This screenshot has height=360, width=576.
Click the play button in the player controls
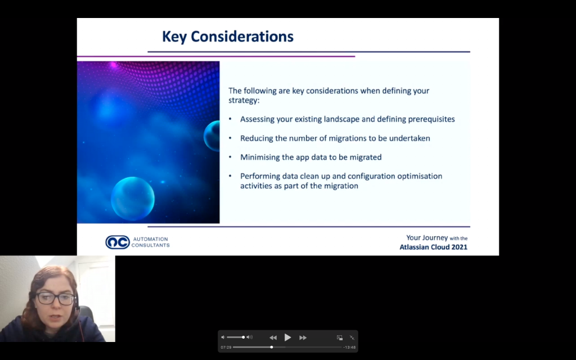[x=287, y=337]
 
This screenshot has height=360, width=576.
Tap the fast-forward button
[x=303, y=337]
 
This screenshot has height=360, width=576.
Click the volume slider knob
[x=243, y=337]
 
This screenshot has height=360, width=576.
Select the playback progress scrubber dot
[x=272, y=347]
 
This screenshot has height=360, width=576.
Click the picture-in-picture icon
[x=340, y=337]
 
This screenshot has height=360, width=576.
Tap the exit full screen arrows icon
[x=352, y=337]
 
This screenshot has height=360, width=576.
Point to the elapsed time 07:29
[x=226, y=347]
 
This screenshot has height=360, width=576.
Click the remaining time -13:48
[x=349, y=347]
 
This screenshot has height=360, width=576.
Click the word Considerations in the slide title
[x=242, y=37]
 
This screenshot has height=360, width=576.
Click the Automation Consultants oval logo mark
[x=118, y=242]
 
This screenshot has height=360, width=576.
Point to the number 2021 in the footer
[x=459, y=247]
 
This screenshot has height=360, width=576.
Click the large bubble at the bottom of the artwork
[x=133, y=199]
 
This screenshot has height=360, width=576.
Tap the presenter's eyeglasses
[x=56, y=299]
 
